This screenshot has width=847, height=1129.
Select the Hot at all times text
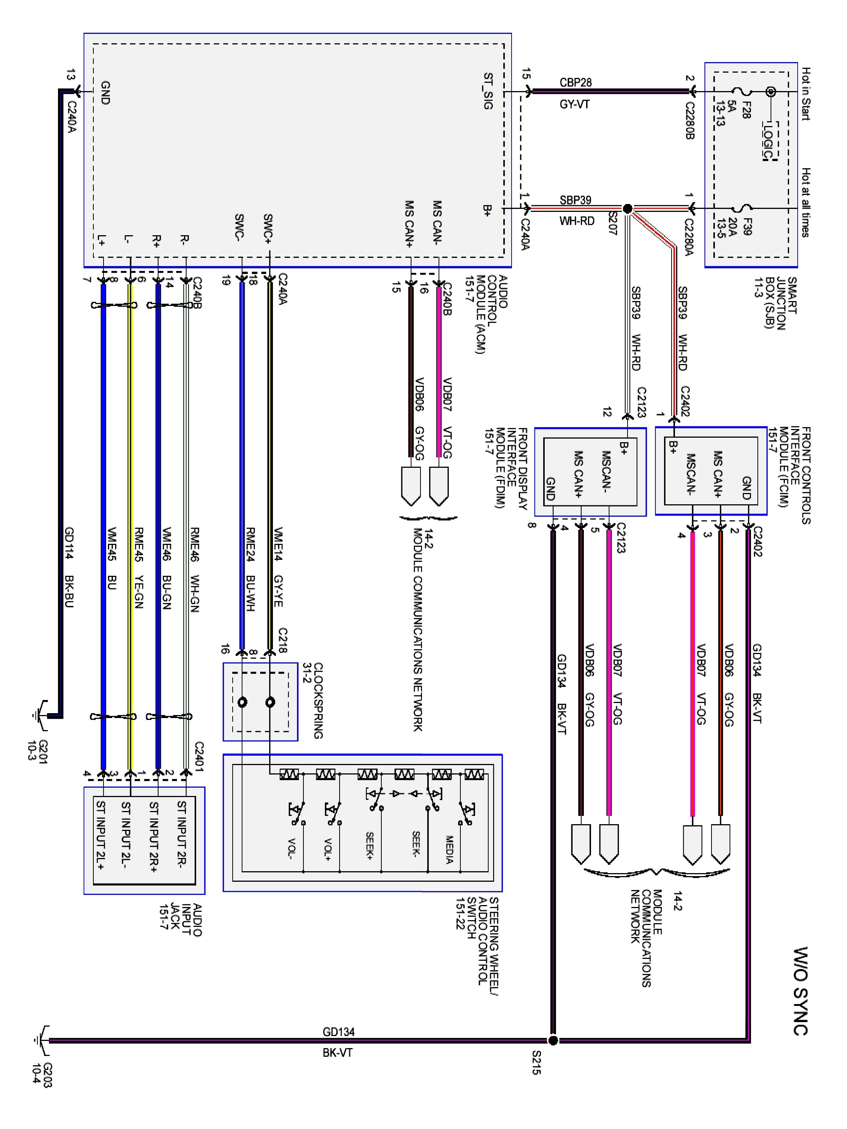[805, 202]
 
